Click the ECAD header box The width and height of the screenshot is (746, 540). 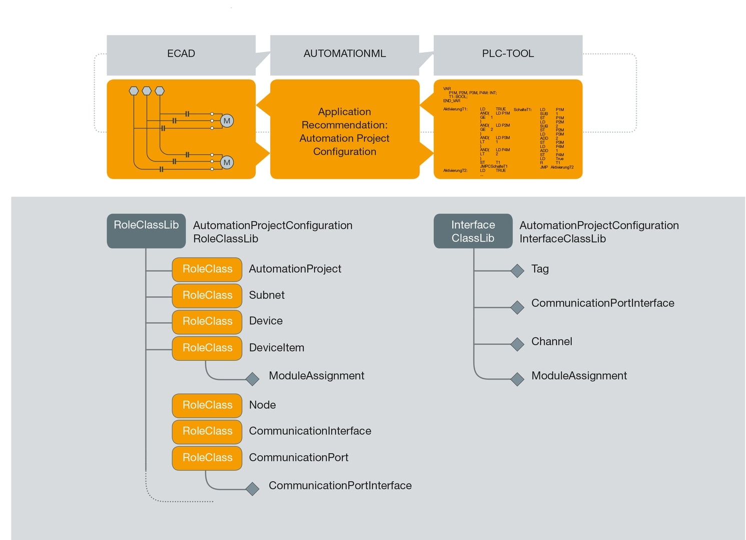[181, 54]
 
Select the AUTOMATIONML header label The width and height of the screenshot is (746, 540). [344, 54]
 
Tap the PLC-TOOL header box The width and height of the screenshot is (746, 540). [507, 54]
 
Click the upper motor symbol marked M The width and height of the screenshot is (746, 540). [227, 121]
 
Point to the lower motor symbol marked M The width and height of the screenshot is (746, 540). [227, 162]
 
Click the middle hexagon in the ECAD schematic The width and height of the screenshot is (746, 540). [147, 91]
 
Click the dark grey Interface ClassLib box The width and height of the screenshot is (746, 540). [473, 231]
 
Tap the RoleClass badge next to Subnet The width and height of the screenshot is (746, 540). [207, 295]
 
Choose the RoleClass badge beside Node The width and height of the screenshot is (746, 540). [207, 405]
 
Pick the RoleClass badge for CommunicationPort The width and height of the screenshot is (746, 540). [207, 458]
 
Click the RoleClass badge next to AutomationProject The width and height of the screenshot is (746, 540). [207, 269]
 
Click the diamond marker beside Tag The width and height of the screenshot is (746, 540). [517, 271]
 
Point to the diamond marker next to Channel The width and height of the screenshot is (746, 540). [517, 344]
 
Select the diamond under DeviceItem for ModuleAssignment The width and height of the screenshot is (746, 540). [253, 379]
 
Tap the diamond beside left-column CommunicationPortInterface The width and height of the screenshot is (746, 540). [253, 488]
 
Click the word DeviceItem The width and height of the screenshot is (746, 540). [276, 348]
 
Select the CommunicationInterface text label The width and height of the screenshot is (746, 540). [310, 431]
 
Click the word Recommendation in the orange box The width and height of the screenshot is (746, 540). [344, 125]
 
